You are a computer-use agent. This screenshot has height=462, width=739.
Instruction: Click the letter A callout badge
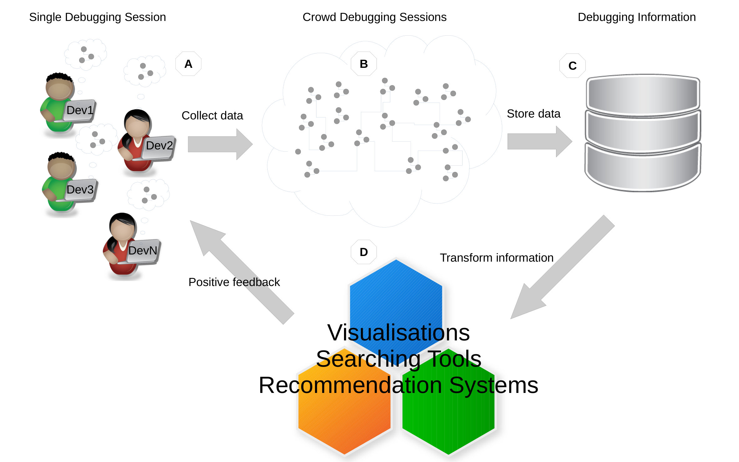point(188,64)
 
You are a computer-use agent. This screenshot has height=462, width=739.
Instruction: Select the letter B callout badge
point(364,64)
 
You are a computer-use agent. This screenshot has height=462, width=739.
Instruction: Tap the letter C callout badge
point(572,66)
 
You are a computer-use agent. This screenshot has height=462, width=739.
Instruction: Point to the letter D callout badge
point(364,252)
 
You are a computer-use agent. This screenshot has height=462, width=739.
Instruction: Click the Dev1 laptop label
point(80,110)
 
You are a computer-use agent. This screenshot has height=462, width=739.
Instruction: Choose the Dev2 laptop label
point(159,145)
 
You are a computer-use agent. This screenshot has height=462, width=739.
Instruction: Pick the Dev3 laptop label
point(80,189)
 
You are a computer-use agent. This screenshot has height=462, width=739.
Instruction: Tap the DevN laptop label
point(143,250)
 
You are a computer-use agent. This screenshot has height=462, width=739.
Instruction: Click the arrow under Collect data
point(220,144)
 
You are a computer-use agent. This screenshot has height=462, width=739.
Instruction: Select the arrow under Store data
point(540,141)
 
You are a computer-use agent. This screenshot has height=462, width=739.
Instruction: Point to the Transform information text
point(497,258)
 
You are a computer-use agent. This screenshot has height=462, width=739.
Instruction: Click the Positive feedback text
point(234,282)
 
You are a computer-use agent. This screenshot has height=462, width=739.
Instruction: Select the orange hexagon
point(344,401)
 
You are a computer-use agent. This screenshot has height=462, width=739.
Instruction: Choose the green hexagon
point(448,401)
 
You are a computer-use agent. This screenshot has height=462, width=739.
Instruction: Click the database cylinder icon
point(643,133)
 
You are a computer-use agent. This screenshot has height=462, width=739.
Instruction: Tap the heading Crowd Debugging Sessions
point(374,17)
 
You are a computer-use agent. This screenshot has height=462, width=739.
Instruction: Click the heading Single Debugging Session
point(98,17)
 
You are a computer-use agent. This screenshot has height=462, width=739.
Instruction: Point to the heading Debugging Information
point(637,17)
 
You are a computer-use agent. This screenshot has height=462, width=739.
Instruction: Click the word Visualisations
point(398,332)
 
